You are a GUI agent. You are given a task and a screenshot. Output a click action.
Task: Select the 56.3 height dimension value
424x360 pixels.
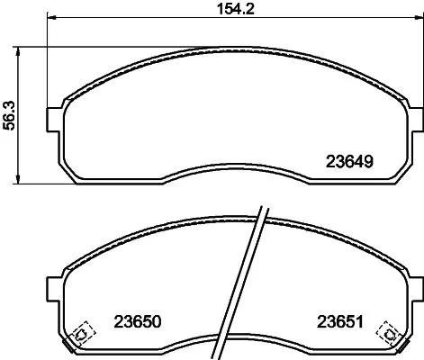pos(10,114)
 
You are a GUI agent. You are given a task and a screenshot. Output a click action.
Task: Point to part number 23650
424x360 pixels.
pos(138,320)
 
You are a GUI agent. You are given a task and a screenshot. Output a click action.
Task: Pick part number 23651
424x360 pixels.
pos(338,320)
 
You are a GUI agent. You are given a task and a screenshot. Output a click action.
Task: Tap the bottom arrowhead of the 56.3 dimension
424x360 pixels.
pos(21,183)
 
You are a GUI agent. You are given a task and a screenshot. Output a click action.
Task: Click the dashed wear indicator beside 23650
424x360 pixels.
pos(81,333)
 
